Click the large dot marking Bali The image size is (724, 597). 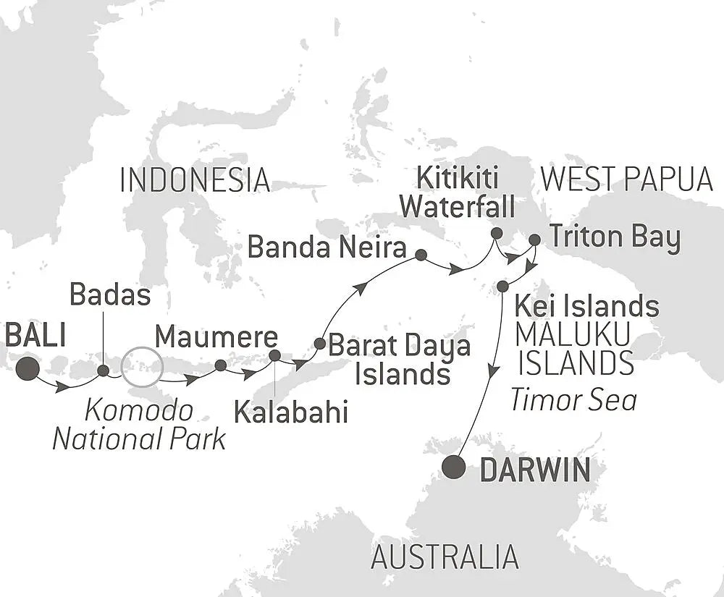click(28, 368)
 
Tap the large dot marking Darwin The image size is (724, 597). click(454, 467)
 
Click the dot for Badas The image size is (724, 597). click(103, 371)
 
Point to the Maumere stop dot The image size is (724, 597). click(220, 365)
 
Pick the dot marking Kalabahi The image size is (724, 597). click(274, 355)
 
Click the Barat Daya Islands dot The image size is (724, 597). click(319, 343)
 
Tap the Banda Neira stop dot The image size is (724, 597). click(421, 255)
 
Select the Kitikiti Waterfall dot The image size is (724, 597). click(496, 233)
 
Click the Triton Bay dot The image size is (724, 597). click(534, 240)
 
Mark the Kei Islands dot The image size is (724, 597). click(502, 287)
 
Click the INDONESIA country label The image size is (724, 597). click(195, 180)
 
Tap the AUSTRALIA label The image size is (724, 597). click(445, 557)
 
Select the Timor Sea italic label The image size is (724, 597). click(573, 399)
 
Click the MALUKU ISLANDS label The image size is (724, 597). click(576, 350)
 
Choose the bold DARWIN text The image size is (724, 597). click(534, 471)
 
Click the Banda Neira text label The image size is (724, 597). click(327, 248)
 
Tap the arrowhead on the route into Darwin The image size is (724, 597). click(492, 371)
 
